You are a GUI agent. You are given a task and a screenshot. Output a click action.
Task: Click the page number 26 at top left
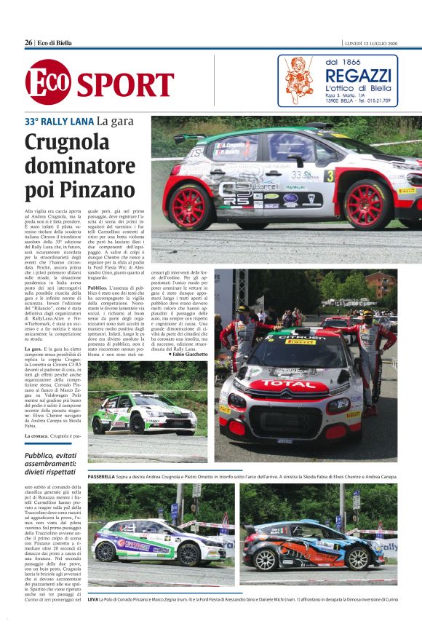point(28,43)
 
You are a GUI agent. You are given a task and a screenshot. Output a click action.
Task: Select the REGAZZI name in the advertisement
point(358,75)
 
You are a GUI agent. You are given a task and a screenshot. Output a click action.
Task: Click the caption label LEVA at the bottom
point(92,598)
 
